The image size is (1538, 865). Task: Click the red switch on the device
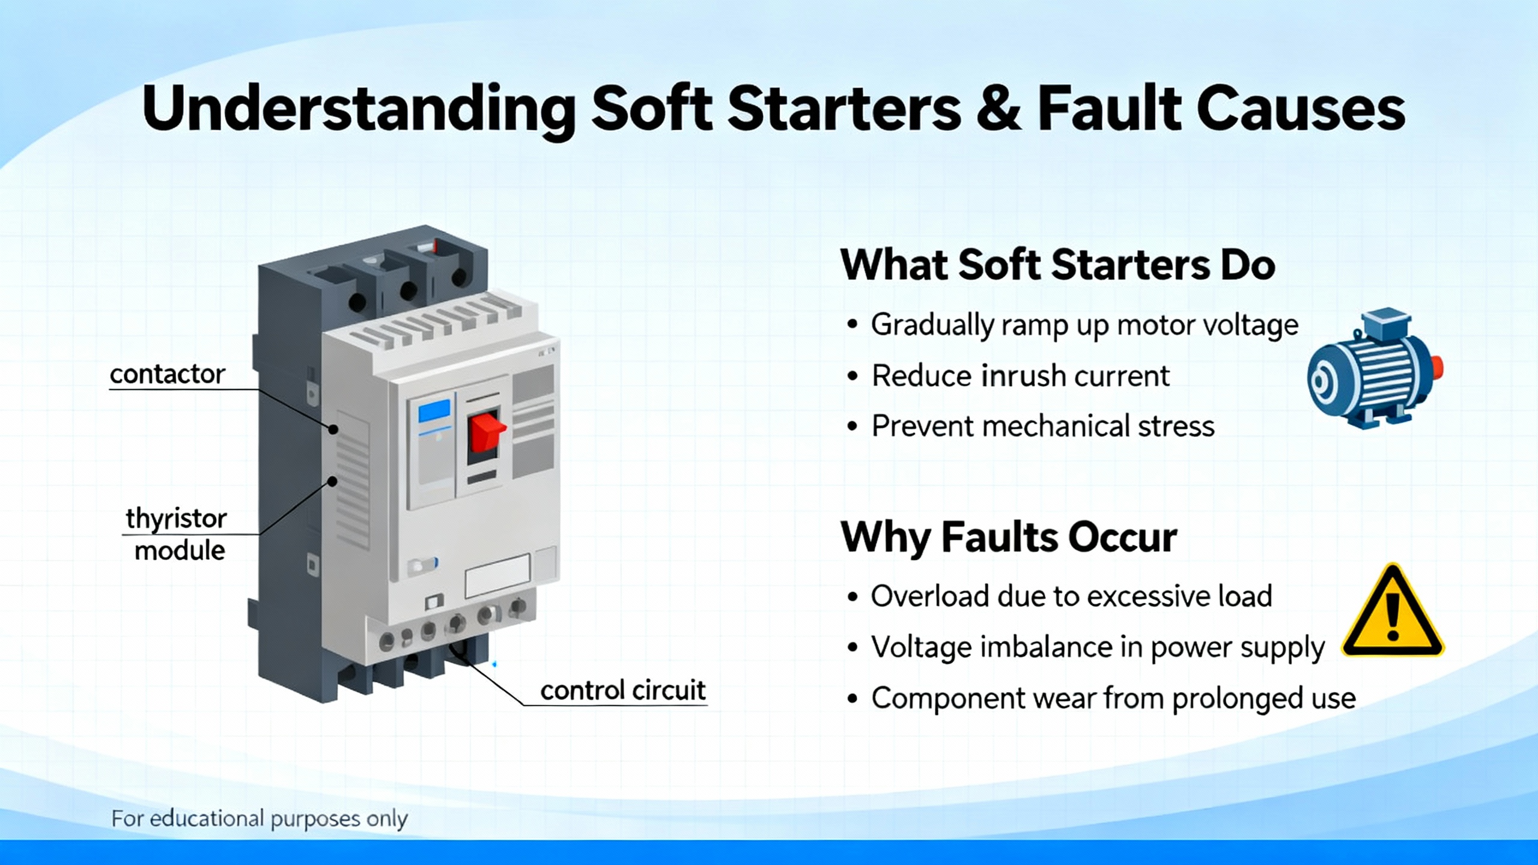486,431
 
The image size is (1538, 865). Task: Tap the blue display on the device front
434,411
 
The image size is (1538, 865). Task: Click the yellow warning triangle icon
1393,612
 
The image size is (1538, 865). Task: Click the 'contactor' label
167,374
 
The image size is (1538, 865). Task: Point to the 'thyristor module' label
177,534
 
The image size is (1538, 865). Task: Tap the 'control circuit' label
622,690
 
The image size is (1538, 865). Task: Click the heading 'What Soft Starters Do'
1057,265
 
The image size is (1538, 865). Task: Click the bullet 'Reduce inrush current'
1020,376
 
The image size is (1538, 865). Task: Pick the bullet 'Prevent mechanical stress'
1043,426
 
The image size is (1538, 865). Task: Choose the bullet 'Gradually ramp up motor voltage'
1084,326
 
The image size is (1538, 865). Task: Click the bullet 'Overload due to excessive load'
1071,596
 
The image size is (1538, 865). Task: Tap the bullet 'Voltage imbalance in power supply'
1098,648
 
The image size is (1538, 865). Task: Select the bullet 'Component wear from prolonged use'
1113,699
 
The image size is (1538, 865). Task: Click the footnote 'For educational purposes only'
260,819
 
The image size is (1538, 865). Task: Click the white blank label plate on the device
497,575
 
